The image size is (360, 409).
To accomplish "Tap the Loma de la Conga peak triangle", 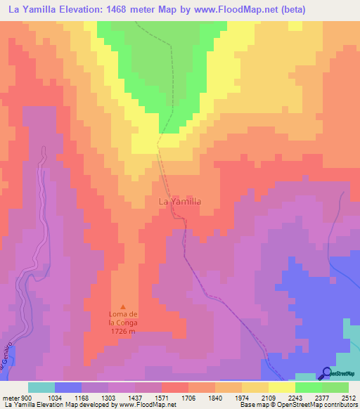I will [x=124, y=306].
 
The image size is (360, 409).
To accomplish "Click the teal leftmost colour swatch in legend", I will [x=41, y=387].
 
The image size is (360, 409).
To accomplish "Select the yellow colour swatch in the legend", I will [x=281, y=387].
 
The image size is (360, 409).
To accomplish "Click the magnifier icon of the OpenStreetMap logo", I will [x=326, y=373].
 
